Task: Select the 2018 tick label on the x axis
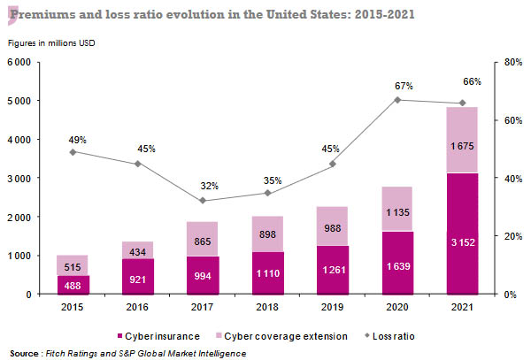click(267, 306)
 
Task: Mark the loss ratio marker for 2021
click(462, 103)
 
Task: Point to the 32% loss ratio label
click(209, 186)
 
